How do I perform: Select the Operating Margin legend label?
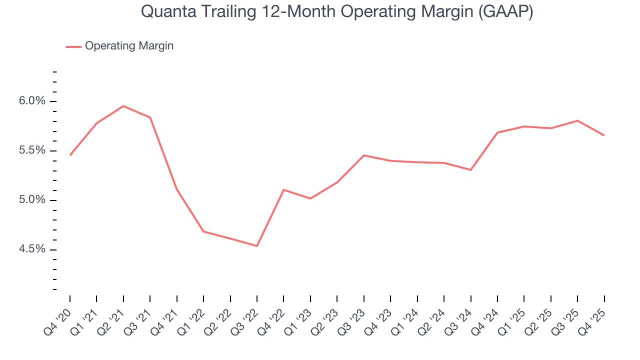(129, 46)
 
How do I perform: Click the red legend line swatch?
(73, 47)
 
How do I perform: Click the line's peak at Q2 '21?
(123, 106)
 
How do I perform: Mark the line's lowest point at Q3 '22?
(257, 246)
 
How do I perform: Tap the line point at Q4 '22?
(283, 190)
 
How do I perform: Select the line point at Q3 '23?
(364, 155)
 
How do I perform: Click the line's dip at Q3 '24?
(470, 170)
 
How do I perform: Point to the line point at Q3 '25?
(577, 120)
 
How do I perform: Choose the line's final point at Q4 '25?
(604, 135)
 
